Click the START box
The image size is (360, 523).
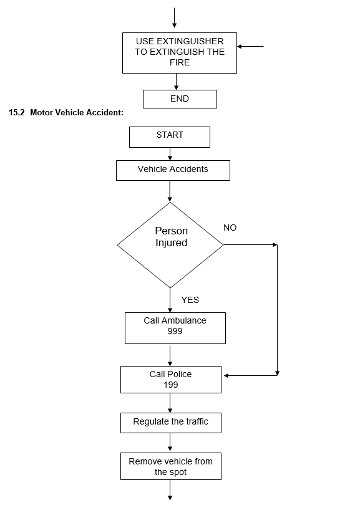(x=170, y=137)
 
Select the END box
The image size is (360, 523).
(x=180, y=99)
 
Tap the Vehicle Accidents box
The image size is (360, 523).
(x=173, y=170)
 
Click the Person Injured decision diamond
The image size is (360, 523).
(x=170, y=245)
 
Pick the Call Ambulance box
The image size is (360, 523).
(x=175, y=329)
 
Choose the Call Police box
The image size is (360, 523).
(x=171, y=380)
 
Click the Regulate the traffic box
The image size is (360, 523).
(x=171, y=423)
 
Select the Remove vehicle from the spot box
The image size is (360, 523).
(x=171, y=466)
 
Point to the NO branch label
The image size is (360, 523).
(x=230, y=228)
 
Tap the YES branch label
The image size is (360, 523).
(x=190, y=300)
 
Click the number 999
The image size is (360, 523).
(x=175, y=331)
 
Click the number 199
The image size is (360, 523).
(x=171, y=385)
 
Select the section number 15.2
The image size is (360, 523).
(x=17, y=112)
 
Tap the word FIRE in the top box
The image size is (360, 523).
(x=180, y=63)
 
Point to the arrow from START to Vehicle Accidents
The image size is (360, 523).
(x=170, y=154)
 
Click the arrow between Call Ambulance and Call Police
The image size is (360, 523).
(x=170, y=355)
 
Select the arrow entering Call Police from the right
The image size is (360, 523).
(x=250, y=375)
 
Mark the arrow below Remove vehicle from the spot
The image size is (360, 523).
(x=170, y=490)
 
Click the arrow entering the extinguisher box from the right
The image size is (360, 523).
(x=250, y=46)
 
